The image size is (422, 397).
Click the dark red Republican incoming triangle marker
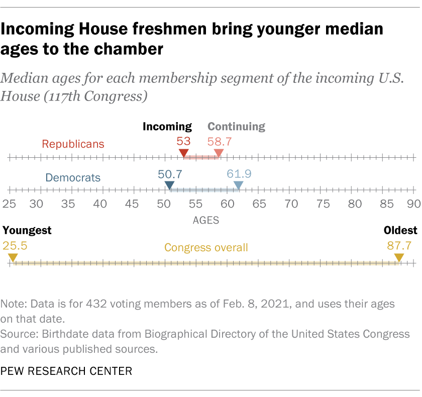tap(184, 153)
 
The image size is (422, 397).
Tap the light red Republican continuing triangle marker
tap(219, 153)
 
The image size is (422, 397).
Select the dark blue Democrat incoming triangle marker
tap(169, 186)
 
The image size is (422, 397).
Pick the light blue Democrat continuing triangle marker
tap(239, 186)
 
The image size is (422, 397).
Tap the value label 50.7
tap(170, 174)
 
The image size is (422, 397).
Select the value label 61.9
tap(239, 174)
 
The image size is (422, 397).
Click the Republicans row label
tap(73, 144)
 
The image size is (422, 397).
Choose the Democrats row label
tap(73, 177)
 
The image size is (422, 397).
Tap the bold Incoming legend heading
tap(167, 127)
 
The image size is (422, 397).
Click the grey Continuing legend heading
tap(236, 127)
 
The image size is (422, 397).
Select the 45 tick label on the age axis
tap(132, 204)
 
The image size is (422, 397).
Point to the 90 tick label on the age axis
tap(412, 204)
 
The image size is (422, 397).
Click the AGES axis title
tap(206, 220)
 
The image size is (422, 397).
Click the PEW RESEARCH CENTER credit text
tap(67, 371)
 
